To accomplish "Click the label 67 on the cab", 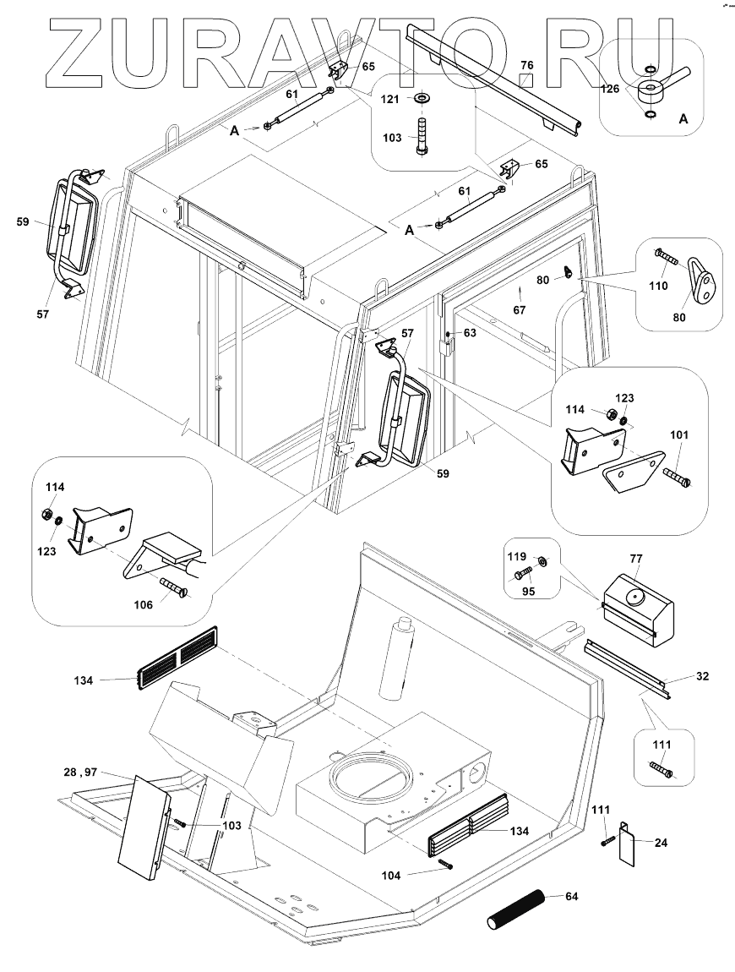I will pos(520,310).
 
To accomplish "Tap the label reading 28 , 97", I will pos(80,772).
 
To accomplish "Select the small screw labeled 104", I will pos(446,863).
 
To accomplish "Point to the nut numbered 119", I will pos(543,560).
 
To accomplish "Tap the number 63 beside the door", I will pos(469,333).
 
